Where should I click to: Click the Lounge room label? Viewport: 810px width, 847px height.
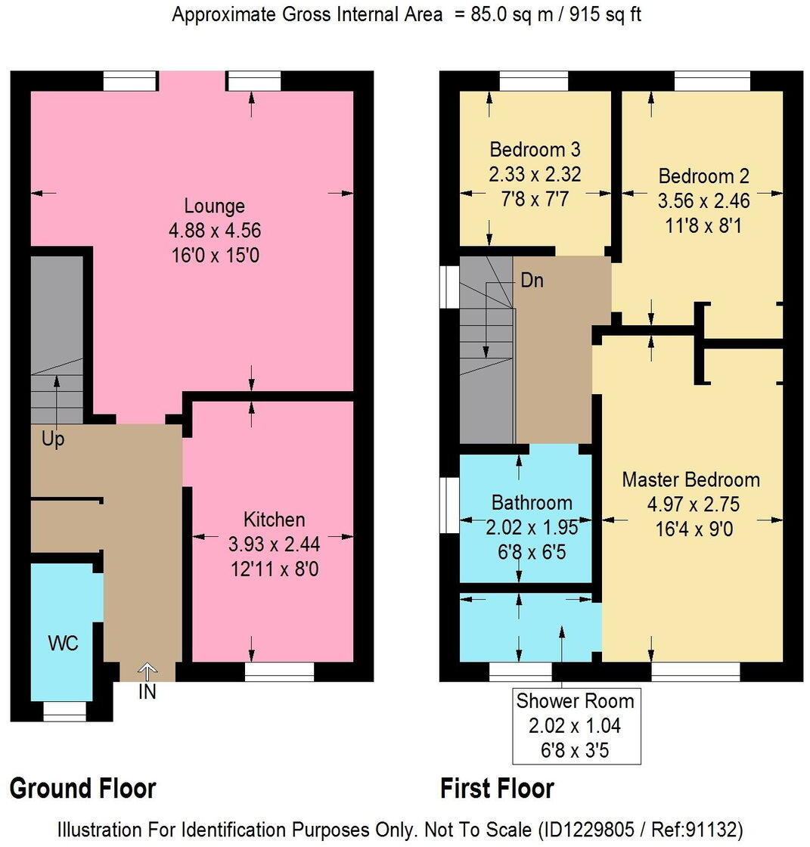coord(214,206)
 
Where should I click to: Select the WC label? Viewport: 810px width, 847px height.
coord(63,644)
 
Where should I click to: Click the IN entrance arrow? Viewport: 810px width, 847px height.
coord(147,671)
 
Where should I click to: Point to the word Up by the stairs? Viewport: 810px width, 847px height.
coord(53,439)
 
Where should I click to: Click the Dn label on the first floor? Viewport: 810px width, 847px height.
coord(532,281)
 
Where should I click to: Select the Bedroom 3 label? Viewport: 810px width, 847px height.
coord(535,149)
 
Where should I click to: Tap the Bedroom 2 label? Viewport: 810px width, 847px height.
coord(703,176)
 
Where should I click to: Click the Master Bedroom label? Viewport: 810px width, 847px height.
coord(691,479)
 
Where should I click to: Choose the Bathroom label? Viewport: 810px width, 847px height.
coord(532,502)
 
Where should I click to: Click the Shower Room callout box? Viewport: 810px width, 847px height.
coord(575,725)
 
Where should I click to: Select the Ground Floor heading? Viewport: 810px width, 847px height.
coord(82,788)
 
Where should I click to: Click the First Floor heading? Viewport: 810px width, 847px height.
coord(497,788)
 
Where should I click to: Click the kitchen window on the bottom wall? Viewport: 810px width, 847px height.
coord(279,672)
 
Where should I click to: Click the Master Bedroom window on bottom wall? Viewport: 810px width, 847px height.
coord(695,672)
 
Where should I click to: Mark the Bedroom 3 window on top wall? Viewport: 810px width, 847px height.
coord(533,81)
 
